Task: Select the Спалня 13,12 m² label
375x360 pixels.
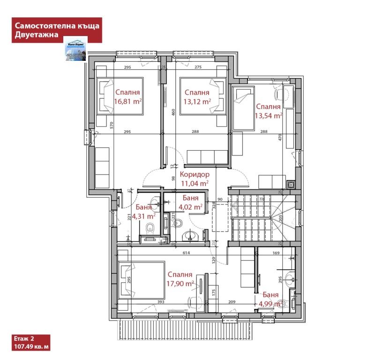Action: (x=197, y=97)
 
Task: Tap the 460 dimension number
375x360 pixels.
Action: (x=173, y=112)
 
